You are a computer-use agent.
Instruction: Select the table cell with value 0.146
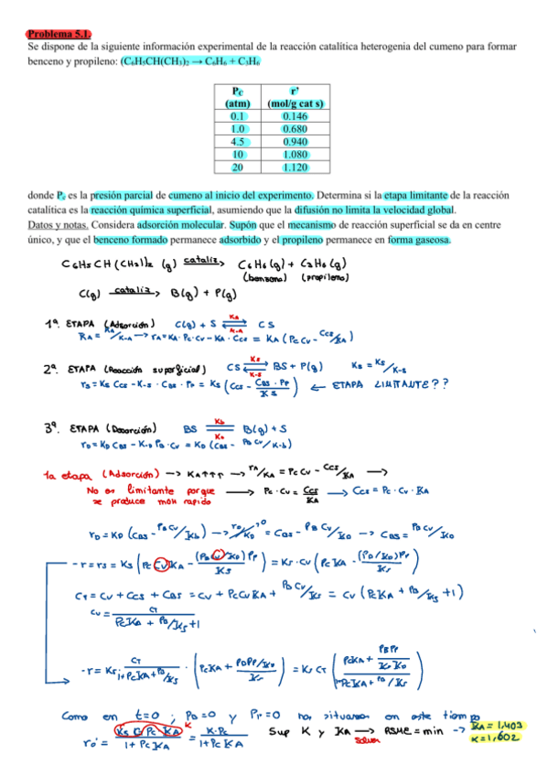click(x=295, y=116)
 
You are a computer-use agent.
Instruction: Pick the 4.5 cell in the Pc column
click(x=237, y=142)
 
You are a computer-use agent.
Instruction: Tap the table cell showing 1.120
click(x=295, y=167)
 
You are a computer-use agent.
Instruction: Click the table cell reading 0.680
click(x=295, y=129)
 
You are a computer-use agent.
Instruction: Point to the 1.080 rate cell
click(x=295, y=155)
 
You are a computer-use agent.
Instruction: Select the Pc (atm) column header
click(x=237, y=97)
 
